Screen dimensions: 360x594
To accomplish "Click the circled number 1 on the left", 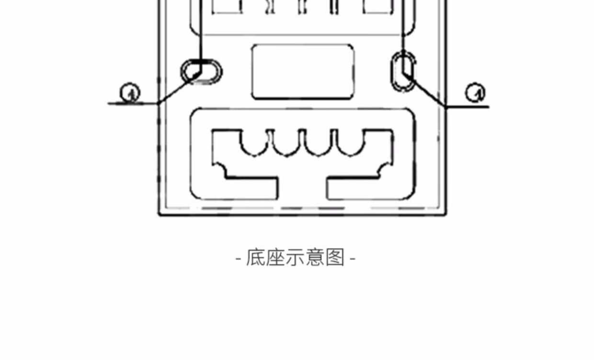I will coord(129,93).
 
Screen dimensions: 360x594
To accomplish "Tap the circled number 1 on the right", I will coord(475,93).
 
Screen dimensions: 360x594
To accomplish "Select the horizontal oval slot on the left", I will coord(202,72).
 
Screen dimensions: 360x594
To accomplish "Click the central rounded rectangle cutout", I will coord(303,72).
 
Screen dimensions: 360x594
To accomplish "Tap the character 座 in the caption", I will coord(275,258).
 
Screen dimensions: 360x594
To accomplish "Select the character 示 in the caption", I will coord(295,258).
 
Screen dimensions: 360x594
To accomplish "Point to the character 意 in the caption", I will coord(315,258).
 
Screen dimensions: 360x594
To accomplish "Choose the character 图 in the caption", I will coord(335,258).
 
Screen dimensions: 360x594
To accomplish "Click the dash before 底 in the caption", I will coord(239,259).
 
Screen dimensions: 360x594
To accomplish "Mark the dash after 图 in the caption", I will coord(353,259).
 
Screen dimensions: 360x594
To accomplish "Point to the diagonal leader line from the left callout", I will coord(178,89).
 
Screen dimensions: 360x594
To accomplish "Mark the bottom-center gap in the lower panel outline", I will coord(302,189).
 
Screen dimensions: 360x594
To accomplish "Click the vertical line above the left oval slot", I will coord(201,29).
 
